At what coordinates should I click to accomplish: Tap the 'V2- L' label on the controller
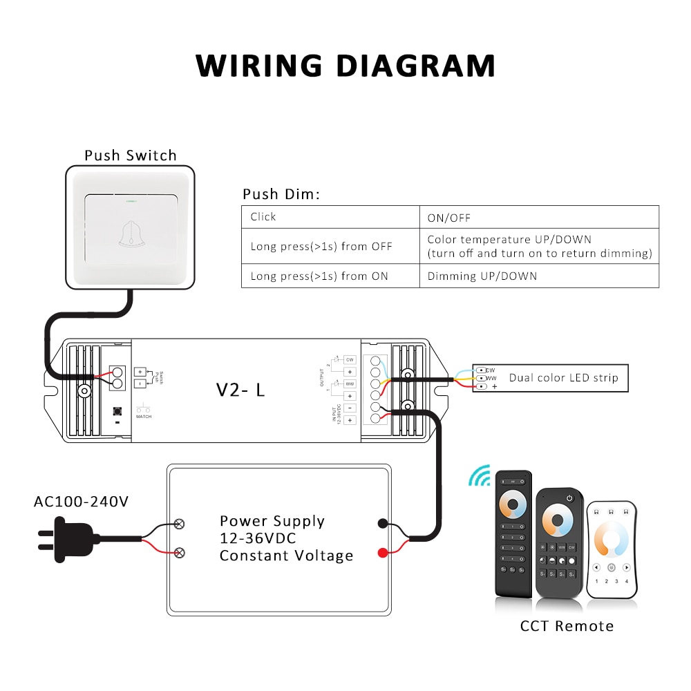[x=240, y=390]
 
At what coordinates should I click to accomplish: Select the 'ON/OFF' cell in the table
[x=448, y=218]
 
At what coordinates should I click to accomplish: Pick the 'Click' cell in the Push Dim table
[x=263, y=217]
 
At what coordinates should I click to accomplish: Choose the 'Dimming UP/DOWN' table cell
[x=482, y=276]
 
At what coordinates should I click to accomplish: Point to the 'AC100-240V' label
[x=81, y=501]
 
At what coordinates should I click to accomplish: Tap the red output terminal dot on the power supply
[x=382, y=552]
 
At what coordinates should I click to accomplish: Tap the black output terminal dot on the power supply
[x=382, y=524]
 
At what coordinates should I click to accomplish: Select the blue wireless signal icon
[x=480, y=475]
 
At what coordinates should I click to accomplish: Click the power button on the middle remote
[x=569, y=498]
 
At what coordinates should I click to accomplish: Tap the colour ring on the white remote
[x=612, y=540]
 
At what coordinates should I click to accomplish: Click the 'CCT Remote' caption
[x=567, y=626]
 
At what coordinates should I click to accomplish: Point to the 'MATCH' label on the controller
[x=144, y=417]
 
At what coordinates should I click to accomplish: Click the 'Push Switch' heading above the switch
[x=131, y=155]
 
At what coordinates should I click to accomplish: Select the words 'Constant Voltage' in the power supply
[x=286, y=556]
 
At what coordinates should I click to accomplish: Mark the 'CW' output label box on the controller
[x=350, y=360]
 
